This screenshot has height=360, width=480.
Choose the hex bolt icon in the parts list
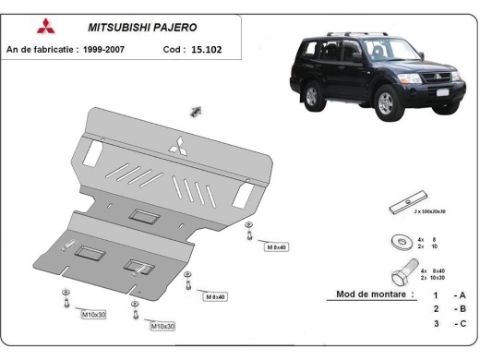coord(402,274)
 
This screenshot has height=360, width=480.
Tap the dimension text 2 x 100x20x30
coord(431,212)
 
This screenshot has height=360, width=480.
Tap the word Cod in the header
coord(174,48)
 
